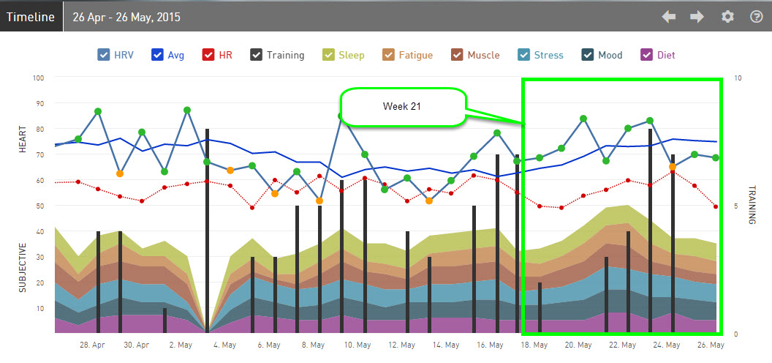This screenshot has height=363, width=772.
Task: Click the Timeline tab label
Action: point(31,16)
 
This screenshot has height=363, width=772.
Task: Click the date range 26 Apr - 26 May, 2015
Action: point(127,16)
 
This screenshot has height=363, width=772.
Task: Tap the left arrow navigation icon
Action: point(669,16)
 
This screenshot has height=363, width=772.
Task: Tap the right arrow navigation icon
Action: point(697,16)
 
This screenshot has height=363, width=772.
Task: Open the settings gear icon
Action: point(727,16)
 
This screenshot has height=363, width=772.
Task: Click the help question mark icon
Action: point(756,16)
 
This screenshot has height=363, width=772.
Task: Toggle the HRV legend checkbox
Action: point(104,55)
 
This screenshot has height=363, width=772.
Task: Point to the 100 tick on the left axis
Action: point(38,78)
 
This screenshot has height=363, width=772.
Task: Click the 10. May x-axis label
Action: point(357,345)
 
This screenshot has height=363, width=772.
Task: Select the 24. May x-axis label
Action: point(667,345)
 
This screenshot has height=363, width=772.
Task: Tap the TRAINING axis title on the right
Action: point(751,205)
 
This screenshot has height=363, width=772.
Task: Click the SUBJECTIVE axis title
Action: point(23,267)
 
